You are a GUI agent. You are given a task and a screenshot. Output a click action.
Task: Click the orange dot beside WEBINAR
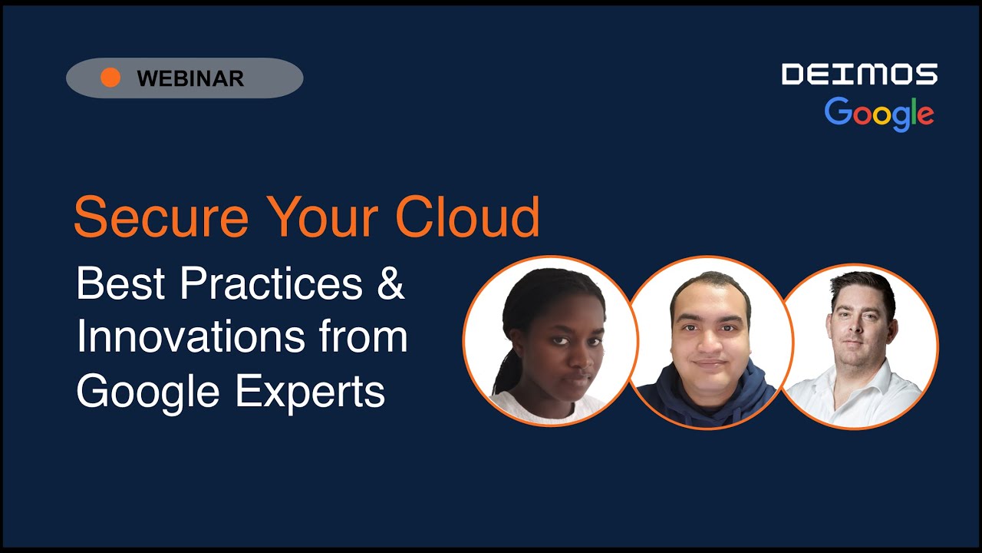click(x=110, y=78)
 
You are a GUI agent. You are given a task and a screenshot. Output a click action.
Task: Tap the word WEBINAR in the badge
click(x=190, y=78)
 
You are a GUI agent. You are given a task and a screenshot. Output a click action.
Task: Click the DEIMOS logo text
click(x=859, y=75)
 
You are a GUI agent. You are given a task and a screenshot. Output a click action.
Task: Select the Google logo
click(x=879, y=114)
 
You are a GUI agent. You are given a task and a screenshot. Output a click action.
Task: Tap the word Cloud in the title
click(x=467, y=217)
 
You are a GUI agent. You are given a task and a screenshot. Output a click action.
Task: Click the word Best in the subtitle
click(x=120, y=285)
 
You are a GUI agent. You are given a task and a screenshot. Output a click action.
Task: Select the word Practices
click(x=271, y=285)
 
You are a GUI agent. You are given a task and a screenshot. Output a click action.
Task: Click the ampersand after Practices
click(x=390, y=285)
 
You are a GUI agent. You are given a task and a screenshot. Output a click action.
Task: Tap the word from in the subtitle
click(x=365, y=338)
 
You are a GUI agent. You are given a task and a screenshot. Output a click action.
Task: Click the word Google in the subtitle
click(x=150, y=392)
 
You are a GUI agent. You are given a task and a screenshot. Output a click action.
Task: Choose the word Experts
click(x=310, y=392)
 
